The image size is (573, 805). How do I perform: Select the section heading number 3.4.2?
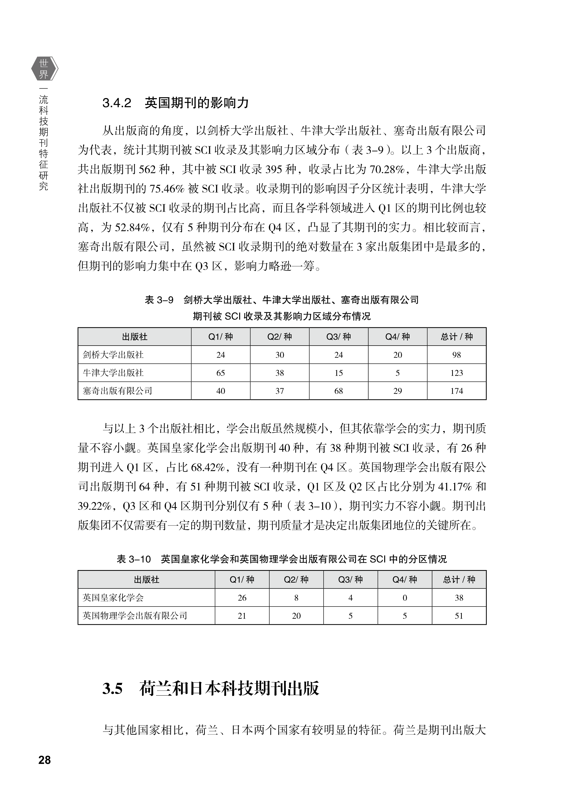(x=117, y=103)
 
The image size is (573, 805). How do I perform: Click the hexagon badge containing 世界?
(x=44, y=68)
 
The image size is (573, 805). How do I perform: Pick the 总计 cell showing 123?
(x=456, y=373)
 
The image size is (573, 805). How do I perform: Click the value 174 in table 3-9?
(x=456, y=391)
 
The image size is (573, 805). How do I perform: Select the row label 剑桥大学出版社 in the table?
(x=113, y=355)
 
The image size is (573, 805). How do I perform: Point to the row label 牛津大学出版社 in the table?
(x=113, y=373)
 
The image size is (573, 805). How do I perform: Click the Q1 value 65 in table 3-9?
(x=221, y=373)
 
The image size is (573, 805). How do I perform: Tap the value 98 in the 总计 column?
(x=456, y=355)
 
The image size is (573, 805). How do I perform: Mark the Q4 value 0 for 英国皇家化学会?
(x=405, y=598)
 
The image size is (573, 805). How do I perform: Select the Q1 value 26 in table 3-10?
(x=242, y=598)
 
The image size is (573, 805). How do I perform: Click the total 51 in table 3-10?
(x=459, y=616)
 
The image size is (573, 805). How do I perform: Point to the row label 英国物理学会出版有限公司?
(x=135, y=616)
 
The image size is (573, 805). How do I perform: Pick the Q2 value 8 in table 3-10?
(x=296, y=598)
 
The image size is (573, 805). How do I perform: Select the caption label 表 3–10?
(x=134, y=559)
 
